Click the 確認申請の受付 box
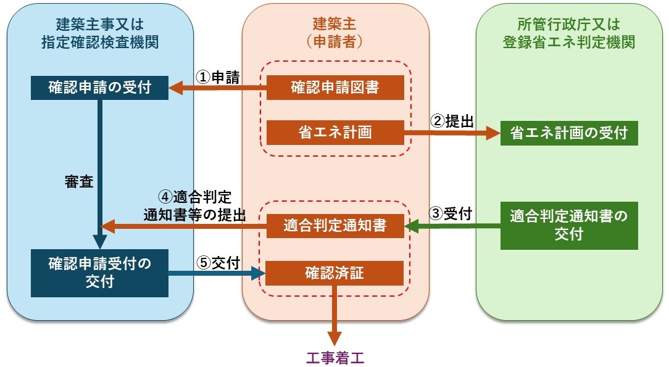click(x=99, y=88)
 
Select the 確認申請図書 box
click(x=334, y=88)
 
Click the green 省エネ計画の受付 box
click(x=568, y=133)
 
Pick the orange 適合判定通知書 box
click(x=334, y=226)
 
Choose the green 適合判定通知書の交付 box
click(x=568, y=226)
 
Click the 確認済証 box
click(x=334, y=273)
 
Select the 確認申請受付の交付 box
click(x=99, y=273)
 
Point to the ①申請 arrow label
click(x=218, y=76)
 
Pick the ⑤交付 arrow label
click(x=218, y=262)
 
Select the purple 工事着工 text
click(x=334, y=357)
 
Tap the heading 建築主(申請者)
click(x=334, y=33)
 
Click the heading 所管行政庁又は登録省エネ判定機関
click(x=568, y=33)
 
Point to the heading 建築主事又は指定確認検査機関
click(x=99, y=33)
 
